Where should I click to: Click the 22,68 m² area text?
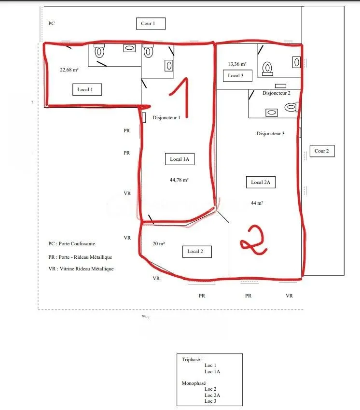coord(69,70)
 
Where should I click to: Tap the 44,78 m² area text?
coord(179,180)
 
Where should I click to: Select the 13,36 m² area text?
coord(237,64)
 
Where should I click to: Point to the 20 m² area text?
coord(159,243)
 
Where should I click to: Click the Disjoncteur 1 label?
coord(166,118)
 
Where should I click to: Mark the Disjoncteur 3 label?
coord(270,134)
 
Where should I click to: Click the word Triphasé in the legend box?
coord(191,360)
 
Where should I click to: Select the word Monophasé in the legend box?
coord(194,383)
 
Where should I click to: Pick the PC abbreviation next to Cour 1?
coord(52,24)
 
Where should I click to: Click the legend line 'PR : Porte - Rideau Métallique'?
coord(80,257)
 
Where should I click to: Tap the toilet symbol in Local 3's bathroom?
coord(267,69)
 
